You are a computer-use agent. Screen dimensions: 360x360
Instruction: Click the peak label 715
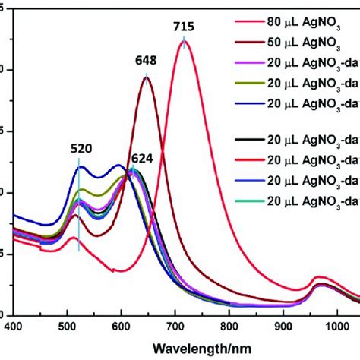[183, 27]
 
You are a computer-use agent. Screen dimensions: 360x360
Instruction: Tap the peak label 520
[78, 150]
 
